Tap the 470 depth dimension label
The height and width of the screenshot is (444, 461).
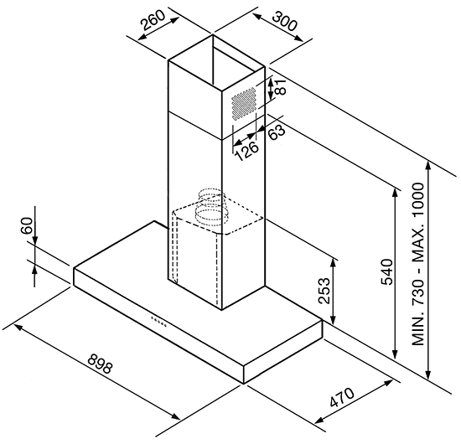(x=342, y=397)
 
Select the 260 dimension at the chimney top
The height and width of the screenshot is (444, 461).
(x=153, y=20)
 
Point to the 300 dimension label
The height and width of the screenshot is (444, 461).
(x=284, y=21)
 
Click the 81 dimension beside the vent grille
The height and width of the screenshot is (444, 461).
(x=280, y=86)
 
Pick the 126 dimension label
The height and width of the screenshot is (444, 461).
(x=247, y=152)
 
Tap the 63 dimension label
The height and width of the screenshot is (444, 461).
(x=277, y=132)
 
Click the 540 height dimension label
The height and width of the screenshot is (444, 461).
(x=387, y=271)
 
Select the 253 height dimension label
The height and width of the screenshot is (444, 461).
(x=324, y=291)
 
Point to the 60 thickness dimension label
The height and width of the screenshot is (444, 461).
(x=27, y=225)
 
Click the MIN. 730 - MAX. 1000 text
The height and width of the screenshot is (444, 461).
(x=418, y=264)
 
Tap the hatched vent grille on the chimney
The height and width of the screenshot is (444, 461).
(x=243, y=103)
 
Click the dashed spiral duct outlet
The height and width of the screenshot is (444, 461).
(x=212, y=207)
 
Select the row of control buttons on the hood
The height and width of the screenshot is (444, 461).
(x=158, y=322)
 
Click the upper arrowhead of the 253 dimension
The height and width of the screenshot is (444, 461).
(x=333, y=263)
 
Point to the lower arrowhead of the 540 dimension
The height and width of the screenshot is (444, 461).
(x=396, y=354)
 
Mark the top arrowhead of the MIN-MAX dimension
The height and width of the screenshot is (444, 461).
(x=428, y=166)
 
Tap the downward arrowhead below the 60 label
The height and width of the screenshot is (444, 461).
(x=34, y=240)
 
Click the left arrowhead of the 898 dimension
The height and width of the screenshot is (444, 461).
(x=18, y=327)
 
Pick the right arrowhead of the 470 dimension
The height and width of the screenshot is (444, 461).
(x=387, y=383)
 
